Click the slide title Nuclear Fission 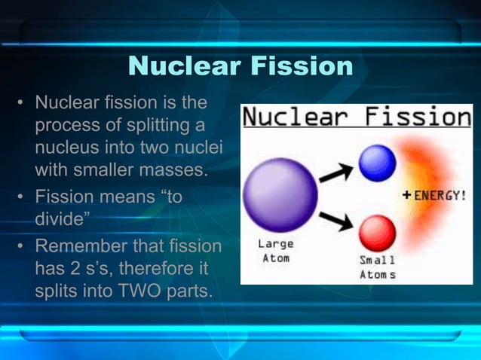240,66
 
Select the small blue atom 377,163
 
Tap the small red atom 377,233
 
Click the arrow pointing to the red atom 336,221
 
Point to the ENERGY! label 440,195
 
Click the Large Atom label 276,250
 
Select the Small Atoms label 377,267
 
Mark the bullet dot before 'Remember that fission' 21,247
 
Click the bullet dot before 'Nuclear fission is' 21,102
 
